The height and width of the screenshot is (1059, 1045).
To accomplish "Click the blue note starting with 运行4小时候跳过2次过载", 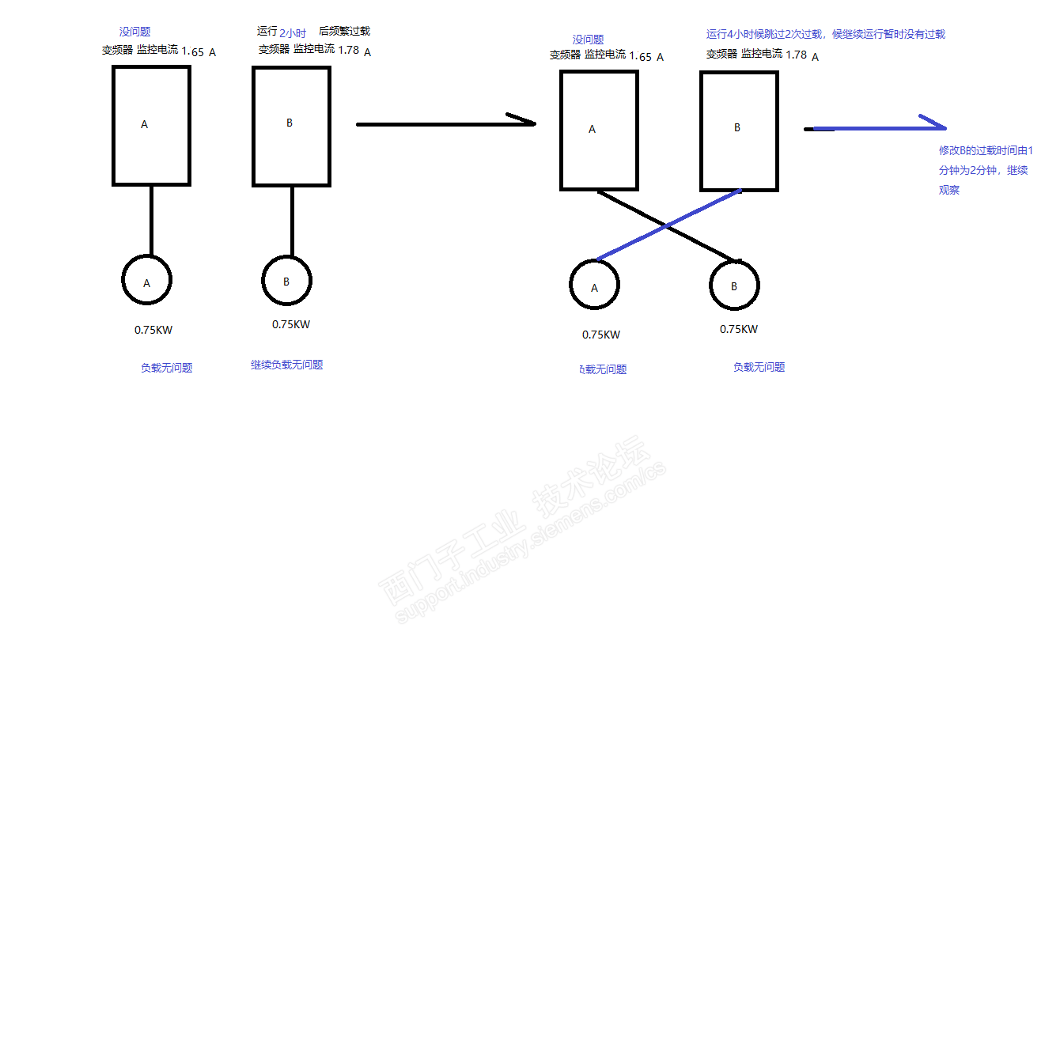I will click(825, 34).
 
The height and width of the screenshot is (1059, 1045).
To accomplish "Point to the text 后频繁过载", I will click(344, 31).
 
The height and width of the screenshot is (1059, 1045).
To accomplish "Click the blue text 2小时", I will click(293, 33).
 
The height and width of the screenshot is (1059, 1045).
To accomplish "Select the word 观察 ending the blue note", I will click(949, 190).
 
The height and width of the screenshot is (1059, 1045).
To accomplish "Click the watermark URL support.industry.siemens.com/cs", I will click(530, 546).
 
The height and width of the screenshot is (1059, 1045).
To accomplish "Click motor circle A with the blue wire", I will click(594, 285).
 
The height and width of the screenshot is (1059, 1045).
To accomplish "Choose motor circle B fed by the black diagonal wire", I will click(734, 286).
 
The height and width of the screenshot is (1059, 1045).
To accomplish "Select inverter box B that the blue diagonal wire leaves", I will click(739, 131).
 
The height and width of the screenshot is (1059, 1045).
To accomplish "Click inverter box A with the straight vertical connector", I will click(151, 126).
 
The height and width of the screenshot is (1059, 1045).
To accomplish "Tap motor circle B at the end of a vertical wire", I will click(286, 281).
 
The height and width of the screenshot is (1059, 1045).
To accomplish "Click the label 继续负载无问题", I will click(286, 365).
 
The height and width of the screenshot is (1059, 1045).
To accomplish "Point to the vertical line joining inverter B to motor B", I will click(292, 221).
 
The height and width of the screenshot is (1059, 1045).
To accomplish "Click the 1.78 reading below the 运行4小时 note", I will click(796, 55).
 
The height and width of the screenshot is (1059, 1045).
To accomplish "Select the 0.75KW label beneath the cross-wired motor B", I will click(738, 329).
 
